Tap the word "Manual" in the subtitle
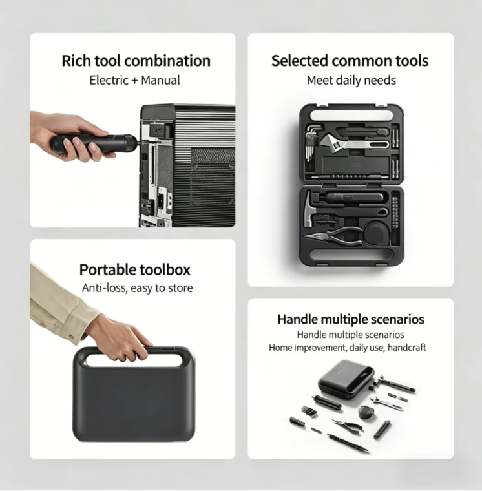coord(160,80)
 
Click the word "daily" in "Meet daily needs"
coord(351,81)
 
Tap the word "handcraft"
coord(406,348)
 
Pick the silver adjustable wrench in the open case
coord(354,143)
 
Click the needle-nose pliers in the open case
coord(333,236)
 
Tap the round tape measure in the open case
coord(376,233)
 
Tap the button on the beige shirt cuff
coord(71,337)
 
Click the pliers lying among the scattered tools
coord(348,424)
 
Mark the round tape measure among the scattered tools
coord(366,412)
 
